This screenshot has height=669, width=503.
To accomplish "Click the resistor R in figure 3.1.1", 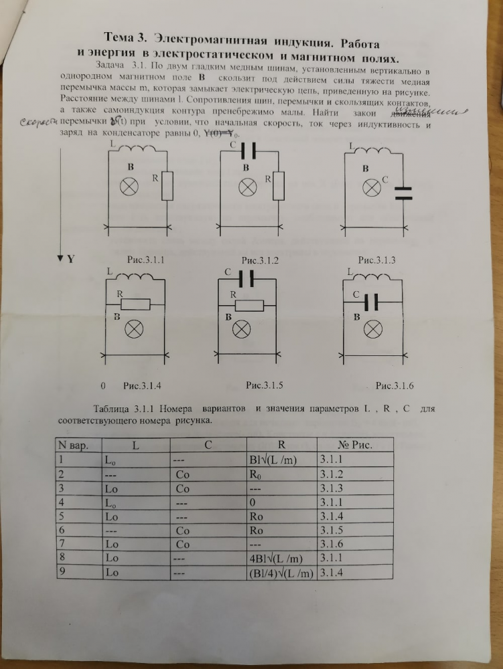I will (x=168, y=187).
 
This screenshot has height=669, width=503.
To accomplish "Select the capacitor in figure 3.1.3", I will (x=403, y=193).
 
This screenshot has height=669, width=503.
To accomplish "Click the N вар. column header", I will (x=75, y=444).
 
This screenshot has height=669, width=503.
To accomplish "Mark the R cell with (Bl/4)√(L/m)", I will (x=281, y=572).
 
